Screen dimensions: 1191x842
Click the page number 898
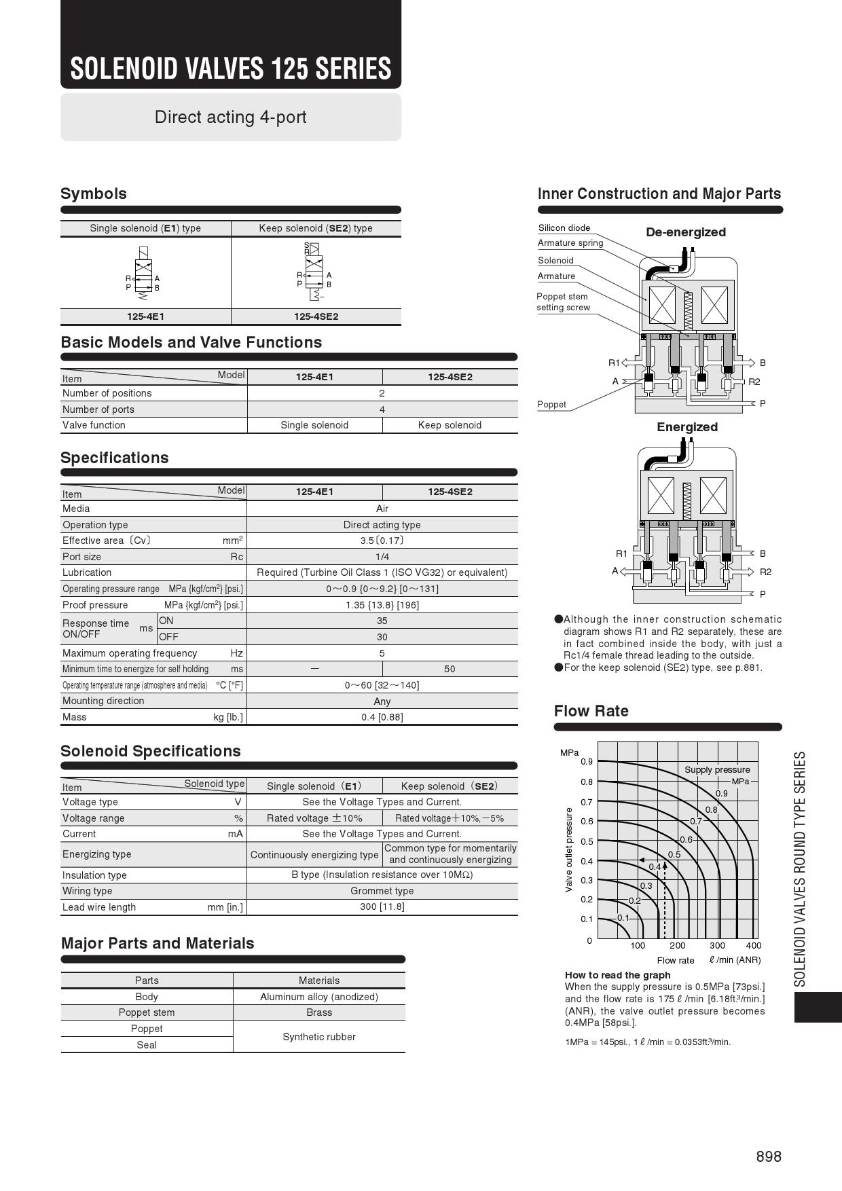[x=769, y=1156]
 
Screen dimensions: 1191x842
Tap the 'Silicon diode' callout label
[x=564, y=228]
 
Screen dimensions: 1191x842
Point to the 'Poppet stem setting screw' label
[x=563, y=301]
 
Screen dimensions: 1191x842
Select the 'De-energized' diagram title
[x=686, y=232]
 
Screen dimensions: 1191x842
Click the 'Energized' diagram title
[x=687, y=427]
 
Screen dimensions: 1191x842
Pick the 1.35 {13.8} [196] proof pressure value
[x=382, y=605]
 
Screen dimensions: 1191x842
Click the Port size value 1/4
[x=382, y=557]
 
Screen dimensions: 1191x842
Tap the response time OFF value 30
[x=382, y=637]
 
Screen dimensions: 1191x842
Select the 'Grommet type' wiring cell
[x=382, y=891]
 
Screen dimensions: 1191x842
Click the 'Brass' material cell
[x=318, y=1012]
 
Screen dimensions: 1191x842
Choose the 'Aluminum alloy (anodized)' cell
[x=318, y=997]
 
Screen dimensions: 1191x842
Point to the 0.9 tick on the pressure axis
[x=586, y=762]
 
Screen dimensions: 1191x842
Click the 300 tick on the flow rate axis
[x=717, y=945]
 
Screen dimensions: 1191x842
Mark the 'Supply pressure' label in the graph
[x=717, y=770]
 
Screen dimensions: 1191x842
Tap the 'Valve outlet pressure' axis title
[x=569, y=849]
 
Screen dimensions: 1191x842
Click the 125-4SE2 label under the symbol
[x=316, y=316]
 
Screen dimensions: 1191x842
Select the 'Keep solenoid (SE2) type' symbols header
[x=316, y=228]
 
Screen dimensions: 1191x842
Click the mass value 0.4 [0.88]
[x=382, y=717]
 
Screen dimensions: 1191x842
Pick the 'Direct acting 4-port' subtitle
[x=230, y=117]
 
